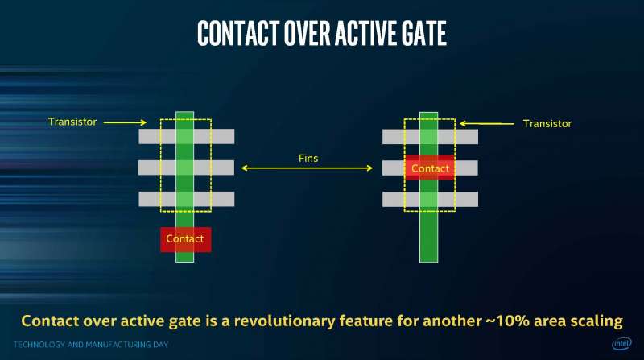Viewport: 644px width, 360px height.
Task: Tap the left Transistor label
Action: click(x=72, y=122)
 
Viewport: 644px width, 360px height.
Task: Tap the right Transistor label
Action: click(x=547, y=124)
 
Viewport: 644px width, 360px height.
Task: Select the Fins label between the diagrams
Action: click(x=308, y=158)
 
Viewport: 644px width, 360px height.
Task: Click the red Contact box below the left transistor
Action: click(x=186, y=239)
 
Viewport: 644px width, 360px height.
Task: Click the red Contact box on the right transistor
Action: click(x=430, y=168)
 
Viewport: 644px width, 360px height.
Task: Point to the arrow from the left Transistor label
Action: click(x=125, y=122)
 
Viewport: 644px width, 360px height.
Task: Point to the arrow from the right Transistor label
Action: click(x=487, y=123)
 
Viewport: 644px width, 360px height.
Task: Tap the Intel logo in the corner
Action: click(x=621, y=343)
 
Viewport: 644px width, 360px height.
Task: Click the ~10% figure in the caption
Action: click(x=508, y=321)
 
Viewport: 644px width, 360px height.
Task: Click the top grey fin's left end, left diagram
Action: click(x=139, y=136)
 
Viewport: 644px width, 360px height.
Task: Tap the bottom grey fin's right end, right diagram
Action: click(x=477, y=199)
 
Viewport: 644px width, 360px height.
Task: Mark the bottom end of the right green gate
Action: click(x=428, y=262)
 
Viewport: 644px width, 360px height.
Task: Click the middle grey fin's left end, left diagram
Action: click(x=139, y=168)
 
